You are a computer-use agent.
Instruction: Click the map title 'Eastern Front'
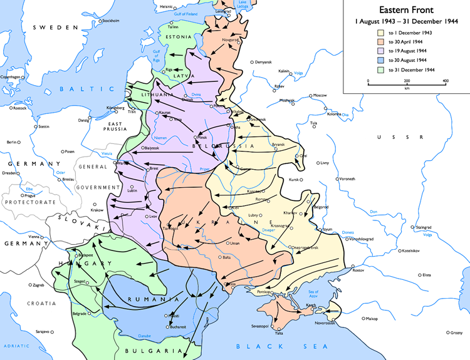tap(405, 10)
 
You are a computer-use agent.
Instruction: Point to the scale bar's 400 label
tap(446, 81)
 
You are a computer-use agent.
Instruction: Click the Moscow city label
tap(320, 95)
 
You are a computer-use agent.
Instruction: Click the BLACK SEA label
tap(269, 346)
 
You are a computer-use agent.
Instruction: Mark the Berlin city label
tap(11, 142)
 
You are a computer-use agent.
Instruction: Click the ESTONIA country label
tap(179, 36)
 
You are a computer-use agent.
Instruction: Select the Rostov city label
tap(358, 270)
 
